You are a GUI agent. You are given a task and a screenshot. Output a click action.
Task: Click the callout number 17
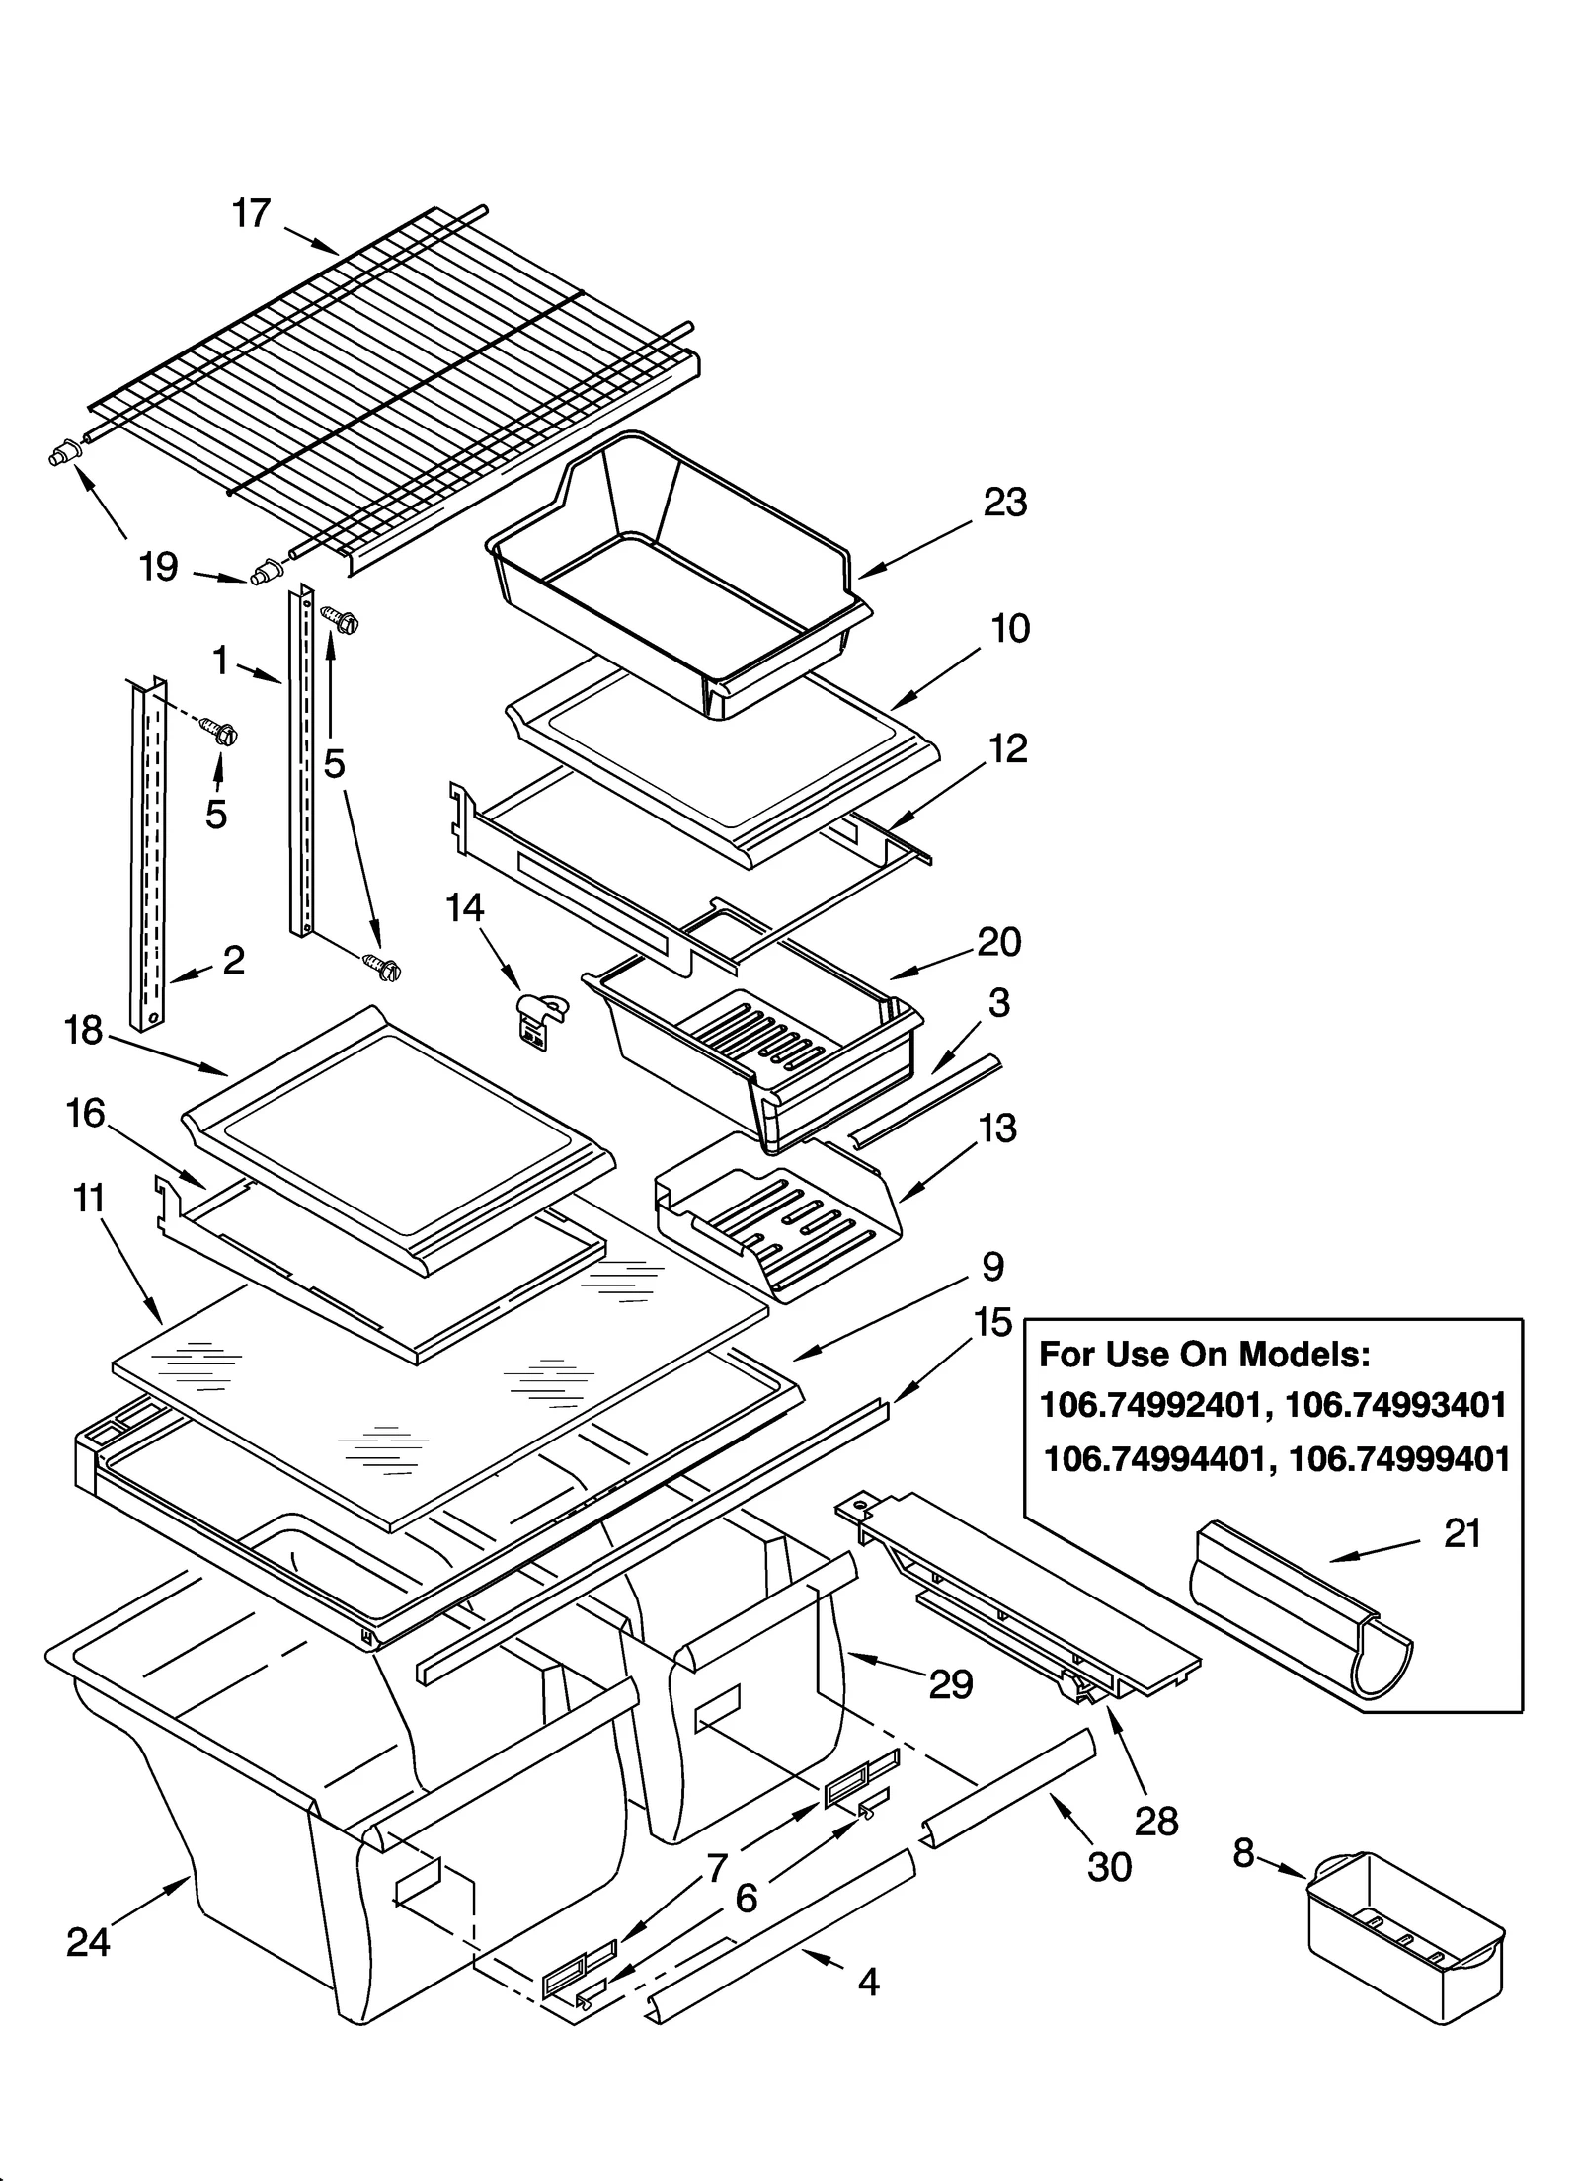point(251,213)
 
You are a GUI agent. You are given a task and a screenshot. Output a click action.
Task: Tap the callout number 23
point(1004,503)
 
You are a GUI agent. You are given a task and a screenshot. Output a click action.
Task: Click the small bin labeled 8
point(1403,1936)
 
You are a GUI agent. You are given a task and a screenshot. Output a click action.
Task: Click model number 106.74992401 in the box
point(1151,1405)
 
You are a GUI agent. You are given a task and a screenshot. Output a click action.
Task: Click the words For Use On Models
point(1204,1354)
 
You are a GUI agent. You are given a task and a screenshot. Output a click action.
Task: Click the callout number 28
point(1156,1821)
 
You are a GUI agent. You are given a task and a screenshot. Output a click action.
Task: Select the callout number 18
point(84,1031)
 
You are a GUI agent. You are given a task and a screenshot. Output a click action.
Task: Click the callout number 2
point(234,960)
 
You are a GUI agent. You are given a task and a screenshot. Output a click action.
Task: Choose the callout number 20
point(998,942)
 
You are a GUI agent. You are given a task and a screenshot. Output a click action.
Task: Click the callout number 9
point(991,1266)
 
